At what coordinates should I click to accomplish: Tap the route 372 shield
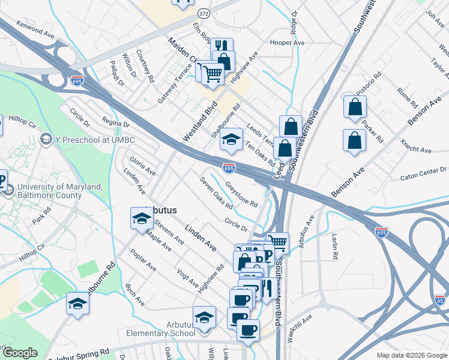(x=204, y=13)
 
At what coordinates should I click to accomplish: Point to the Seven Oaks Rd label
(x=216, y=193)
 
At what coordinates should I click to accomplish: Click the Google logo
(x=19, y=353)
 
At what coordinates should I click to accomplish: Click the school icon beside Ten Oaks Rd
(x=231, y=141)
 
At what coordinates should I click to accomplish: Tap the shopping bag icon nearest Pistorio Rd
(x=355, y=107)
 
